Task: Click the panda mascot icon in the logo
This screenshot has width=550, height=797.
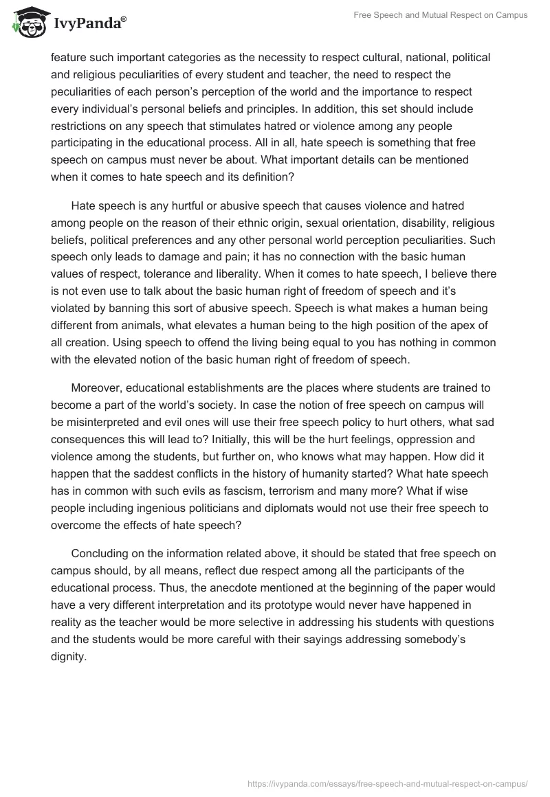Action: pyautogui.click(x=27, y=22)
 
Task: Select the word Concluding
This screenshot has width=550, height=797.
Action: pyautogui.click(x=100, y=554)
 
